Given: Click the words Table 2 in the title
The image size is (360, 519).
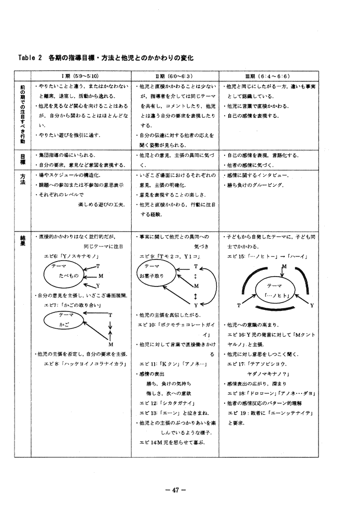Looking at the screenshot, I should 30,57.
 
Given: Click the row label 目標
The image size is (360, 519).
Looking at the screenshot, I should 23,159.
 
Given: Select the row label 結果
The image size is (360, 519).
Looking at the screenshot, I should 23,240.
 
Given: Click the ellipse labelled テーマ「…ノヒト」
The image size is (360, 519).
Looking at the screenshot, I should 274,291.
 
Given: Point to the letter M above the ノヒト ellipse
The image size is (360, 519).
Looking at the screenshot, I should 284,267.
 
